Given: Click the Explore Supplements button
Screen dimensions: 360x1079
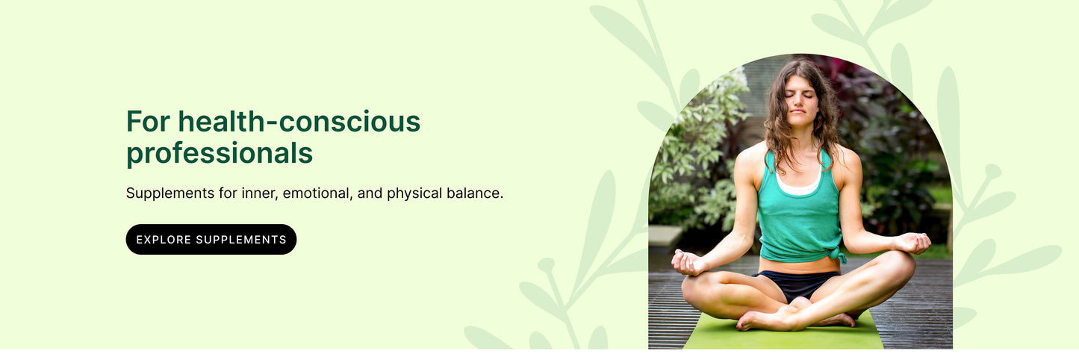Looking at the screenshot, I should click(211, 240).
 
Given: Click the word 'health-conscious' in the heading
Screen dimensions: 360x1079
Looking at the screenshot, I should click(299, 122).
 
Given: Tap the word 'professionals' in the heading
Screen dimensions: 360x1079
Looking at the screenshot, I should click(219, 153).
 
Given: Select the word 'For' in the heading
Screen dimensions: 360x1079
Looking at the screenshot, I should click(147, 122).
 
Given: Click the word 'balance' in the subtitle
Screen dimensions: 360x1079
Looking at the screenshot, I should click(475, 193).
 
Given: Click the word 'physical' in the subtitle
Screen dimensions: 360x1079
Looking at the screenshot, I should click(414, 193).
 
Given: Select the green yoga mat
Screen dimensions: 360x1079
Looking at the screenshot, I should click(784, 336).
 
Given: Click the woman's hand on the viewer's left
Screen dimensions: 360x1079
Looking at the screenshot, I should click(687, 262).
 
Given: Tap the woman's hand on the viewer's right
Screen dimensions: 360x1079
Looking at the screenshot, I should click(914, 243).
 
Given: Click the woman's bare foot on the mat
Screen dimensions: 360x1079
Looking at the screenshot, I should click(758, 320).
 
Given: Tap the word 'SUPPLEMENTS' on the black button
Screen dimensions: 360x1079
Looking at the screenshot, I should click(241, 240).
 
